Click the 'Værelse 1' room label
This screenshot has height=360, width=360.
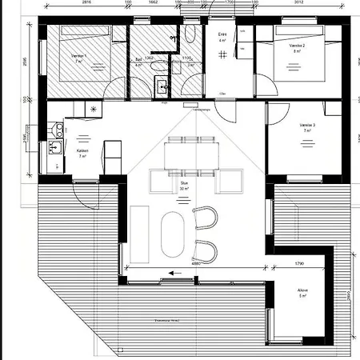(78, 56)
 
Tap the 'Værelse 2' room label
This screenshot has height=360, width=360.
(300, 46)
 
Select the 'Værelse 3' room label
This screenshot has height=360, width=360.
(308, 126)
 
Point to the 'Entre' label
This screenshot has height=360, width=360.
(223, 34)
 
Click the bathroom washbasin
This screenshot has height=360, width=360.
(163, 86)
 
